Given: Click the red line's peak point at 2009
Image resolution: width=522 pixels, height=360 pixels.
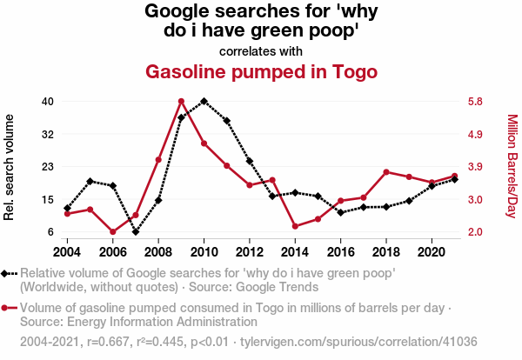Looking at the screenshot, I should point(181,102).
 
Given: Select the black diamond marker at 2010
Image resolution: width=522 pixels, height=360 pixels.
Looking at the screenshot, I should point(204,102).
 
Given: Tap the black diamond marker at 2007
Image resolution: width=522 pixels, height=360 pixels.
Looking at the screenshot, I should point(136,232).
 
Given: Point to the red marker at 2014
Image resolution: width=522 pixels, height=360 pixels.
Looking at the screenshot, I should point(295,226).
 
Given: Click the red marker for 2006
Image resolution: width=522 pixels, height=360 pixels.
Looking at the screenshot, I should point(113,232).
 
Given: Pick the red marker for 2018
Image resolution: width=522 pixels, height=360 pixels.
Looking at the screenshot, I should point(385,171).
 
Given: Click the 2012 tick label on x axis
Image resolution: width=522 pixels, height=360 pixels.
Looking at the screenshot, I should point(249,251).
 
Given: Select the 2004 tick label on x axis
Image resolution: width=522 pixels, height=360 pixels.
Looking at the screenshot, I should point(68,251).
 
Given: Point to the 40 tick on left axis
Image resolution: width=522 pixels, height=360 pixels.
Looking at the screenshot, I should point(48,102).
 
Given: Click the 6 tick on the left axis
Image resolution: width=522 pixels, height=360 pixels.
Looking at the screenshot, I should point(50,232).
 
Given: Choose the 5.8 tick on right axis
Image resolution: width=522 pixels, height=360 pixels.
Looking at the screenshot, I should point(474,102).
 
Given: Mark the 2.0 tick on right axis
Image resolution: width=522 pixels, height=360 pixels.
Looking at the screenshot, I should point(474,232).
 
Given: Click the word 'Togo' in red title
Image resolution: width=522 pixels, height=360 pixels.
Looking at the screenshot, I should point(352,71).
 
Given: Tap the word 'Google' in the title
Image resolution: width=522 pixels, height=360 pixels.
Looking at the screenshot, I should point(179,12).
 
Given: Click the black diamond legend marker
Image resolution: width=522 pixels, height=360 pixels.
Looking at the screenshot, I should point(8,274).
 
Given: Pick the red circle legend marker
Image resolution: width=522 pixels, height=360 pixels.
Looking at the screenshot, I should point(8,308).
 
